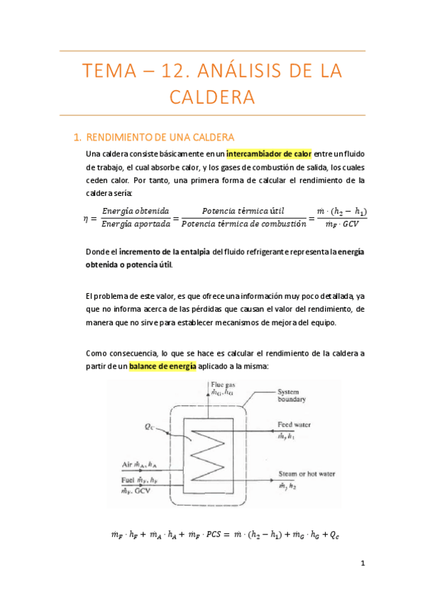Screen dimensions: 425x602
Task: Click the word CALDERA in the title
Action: click(212, 97)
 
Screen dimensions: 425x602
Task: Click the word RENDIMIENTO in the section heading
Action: click(121, 136)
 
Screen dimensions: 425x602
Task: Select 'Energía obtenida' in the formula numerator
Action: click(136, 211)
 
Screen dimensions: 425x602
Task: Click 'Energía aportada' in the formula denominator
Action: click(136, 224)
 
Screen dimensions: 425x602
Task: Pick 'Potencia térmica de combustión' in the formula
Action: click(243, 224)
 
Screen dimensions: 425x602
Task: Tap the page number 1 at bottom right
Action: click(362, 564)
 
